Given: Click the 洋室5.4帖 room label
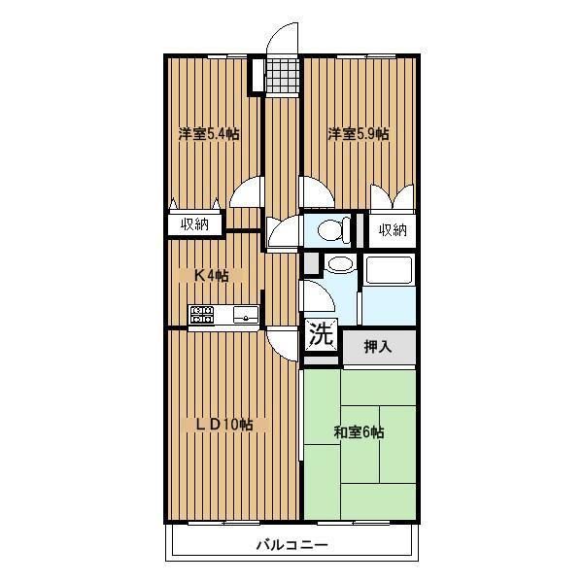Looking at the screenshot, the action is tap(209, 134).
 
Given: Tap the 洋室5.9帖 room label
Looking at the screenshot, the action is tap(359, 134).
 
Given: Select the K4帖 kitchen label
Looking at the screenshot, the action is tap(212, 276).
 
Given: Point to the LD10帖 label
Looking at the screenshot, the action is tap(224, 425).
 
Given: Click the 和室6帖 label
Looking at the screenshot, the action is tap(359, 432).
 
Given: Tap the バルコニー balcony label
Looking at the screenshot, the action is tap(292, 545).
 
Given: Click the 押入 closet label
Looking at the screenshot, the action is tap(378, 347).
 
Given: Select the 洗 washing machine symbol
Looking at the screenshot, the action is tap(322, 334).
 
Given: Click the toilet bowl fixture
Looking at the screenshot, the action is tap(333, 229).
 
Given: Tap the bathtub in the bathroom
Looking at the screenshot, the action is tap(389, 270).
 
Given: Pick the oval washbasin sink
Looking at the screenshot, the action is tap(340, 264).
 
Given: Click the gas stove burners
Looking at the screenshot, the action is tap(201, 314).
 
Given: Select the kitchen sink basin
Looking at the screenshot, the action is tap(246, 315).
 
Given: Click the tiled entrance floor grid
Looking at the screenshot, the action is tap(283, 76).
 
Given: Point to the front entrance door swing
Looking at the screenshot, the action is tap(283, 38).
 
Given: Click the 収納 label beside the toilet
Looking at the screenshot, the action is tap(393, 230).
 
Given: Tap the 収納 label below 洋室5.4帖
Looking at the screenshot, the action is tap(195, 224).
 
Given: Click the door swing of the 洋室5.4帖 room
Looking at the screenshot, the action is tap(247, 191).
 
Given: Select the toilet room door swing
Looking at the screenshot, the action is tap(284, 231).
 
